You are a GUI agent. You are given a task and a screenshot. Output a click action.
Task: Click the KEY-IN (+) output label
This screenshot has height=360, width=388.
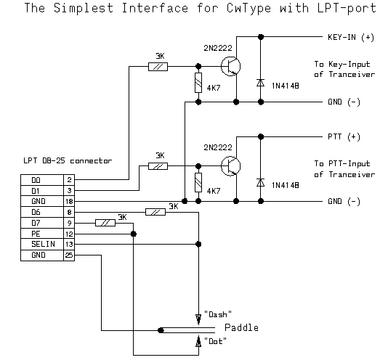(x=351, y=37)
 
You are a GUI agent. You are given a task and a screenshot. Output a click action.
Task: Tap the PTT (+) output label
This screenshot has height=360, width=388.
(x=344, y=136)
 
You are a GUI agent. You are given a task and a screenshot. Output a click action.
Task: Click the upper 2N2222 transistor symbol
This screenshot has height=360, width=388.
(x=230, y=66)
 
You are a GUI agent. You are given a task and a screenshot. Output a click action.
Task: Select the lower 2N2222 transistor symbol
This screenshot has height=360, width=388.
(x=230, y=166)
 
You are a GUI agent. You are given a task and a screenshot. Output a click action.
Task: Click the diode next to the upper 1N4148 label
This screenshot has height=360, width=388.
(x=260, y=83)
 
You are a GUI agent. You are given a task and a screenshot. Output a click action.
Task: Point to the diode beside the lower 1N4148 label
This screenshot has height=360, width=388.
(x=260, y=182)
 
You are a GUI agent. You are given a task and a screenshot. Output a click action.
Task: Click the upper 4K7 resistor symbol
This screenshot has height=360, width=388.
(x=198, y=83)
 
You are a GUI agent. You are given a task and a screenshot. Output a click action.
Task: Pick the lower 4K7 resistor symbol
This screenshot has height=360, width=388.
(x=198, y=183)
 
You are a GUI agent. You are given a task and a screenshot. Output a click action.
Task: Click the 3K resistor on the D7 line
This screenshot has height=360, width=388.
(x=105, y=223)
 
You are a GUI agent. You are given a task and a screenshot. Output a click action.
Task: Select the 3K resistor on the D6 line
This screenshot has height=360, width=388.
(x=155, y=212)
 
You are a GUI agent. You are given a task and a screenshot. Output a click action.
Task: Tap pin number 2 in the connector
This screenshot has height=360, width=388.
(x=69, y=180)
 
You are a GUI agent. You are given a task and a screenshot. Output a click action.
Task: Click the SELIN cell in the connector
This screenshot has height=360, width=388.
(x=42, y=245)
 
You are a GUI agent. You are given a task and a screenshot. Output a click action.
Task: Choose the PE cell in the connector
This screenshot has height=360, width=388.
(x=42, y=234)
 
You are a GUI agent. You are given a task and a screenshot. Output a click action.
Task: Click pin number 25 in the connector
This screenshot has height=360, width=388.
(x=69, y=255)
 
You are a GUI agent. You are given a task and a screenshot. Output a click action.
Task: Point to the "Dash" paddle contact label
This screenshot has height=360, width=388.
(x=218, y=314)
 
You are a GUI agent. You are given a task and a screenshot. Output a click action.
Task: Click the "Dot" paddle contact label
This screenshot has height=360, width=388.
(x=215, y=341)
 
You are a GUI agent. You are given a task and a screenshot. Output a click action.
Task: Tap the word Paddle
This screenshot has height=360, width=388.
(x=241, y=327)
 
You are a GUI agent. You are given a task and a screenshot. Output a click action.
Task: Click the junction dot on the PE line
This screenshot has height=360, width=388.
(x=134, y=234)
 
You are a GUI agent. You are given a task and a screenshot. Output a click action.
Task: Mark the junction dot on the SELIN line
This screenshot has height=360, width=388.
(x=198, y=245)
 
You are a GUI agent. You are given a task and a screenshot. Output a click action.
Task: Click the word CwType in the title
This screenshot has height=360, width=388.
(x=248, y=8)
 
